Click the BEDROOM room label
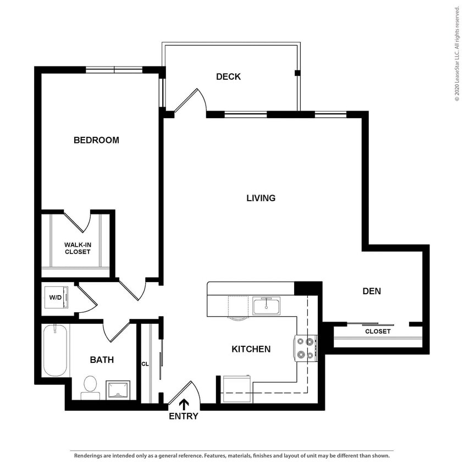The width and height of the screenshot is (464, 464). (96, 140)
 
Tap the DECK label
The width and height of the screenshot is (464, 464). (228, 77)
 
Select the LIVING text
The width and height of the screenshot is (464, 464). (261, 198)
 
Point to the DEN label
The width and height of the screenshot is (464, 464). (372, 291)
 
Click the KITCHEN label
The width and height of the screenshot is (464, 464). (251, 349)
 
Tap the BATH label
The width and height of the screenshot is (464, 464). (102, 360)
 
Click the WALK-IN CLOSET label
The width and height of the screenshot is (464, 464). (77, 248)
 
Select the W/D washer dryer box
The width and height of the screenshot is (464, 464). (57, 297)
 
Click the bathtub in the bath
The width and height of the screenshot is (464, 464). (55, 350)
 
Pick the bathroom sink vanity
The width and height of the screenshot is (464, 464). (118, 389)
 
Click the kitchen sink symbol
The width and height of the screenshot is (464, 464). (267, 305)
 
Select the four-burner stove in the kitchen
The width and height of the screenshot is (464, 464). (307, 348)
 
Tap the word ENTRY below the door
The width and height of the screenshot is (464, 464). (183, 417)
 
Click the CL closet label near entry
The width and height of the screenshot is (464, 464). (145, 363)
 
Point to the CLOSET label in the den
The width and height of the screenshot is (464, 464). (378, 332)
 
